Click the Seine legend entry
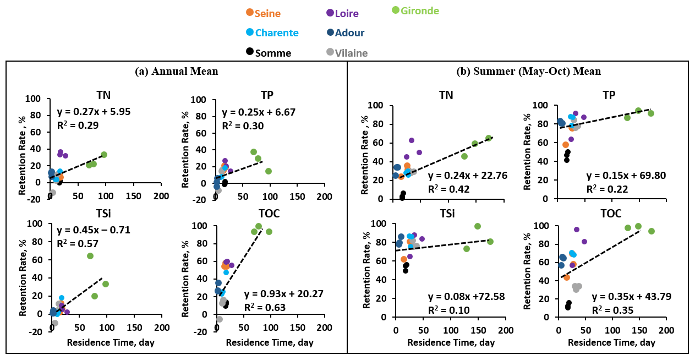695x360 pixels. click(266, 13)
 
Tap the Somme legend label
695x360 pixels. click(269, 53)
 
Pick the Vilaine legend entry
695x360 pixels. click(347, 53)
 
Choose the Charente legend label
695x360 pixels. click(272, 32)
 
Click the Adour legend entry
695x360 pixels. click(346, 32)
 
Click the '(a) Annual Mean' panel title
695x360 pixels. click(177, 72)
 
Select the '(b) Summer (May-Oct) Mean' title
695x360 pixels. click(521, 72)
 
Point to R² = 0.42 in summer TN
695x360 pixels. click(445, 189)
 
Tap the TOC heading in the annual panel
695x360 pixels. click(269, 214)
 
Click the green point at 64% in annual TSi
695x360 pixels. click(90, 256)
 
